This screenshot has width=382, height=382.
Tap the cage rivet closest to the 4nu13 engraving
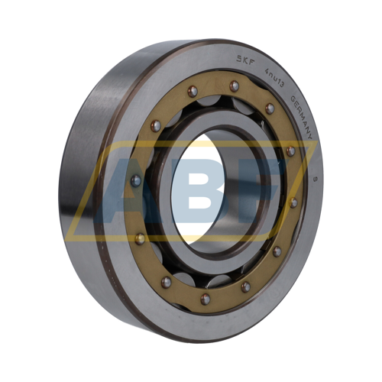(270, 108)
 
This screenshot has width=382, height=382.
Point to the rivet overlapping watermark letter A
(136, 181)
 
